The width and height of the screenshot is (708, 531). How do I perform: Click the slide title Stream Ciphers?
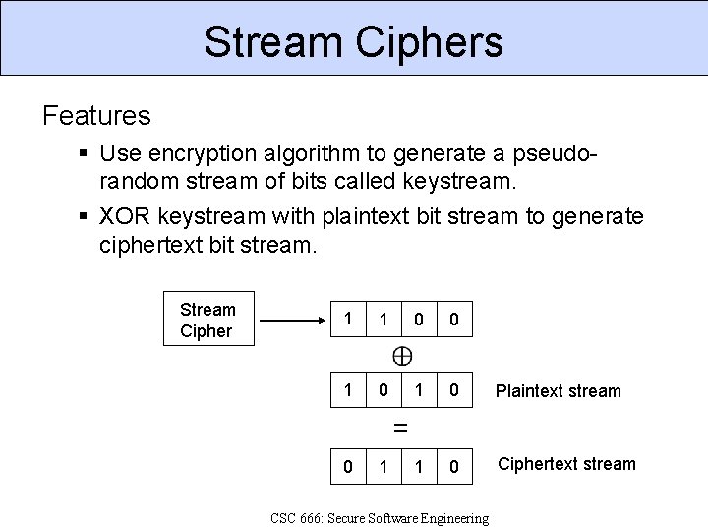pos(354,42)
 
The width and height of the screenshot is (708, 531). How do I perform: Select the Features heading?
pos(96,116)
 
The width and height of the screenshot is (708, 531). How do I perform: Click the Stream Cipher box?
pos(207,321)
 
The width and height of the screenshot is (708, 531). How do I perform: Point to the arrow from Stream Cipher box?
pos(295,321)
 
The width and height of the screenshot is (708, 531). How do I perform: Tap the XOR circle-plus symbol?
pos(402,356)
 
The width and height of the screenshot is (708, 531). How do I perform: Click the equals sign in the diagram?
pos(400,428)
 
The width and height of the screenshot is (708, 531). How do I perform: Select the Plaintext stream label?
pos(559,391)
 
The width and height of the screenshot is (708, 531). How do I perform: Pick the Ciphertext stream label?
pos(566,464)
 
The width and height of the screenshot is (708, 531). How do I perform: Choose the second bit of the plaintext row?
pos(383,391)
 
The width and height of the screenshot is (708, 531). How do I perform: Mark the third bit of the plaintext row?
pos(418,391)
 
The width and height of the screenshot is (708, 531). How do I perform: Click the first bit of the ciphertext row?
pos(346,464)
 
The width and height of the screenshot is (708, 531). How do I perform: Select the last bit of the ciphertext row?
pos(453,464)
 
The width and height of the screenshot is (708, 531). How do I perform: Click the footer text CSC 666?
pos(380,518)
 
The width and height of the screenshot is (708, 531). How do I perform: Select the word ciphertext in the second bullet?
pos(151,243)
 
